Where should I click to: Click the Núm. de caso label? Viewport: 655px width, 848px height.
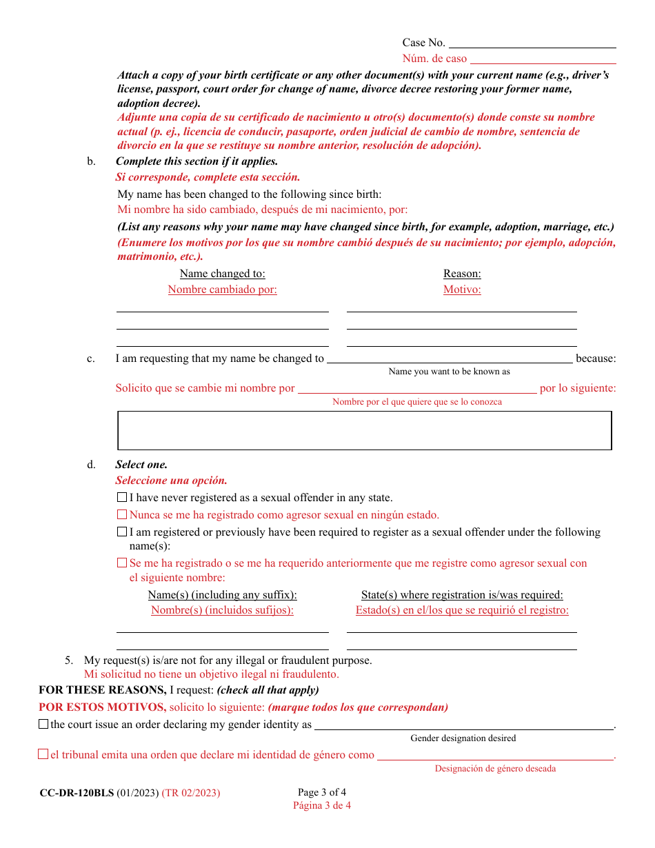coord(434,59)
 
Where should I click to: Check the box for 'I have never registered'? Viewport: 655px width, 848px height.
coord(122,498)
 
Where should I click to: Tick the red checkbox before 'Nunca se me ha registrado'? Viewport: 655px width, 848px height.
coord(122,515)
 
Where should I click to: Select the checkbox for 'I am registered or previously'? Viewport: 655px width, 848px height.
coord(122,532)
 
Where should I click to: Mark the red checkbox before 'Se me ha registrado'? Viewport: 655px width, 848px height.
coord(122,563)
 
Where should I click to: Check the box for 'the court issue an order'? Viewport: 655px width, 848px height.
coord(43,725)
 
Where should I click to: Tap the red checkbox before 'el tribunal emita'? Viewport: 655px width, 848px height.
coord(43,755)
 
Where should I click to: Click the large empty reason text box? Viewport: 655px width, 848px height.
coord(365,431)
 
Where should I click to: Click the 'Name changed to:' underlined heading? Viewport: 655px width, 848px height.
coord(222,274)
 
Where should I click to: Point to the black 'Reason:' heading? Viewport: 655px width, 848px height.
coord(462,274)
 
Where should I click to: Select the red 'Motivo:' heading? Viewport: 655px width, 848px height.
coord(462,290)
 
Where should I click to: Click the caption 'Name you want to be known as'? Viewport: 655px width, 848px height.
coord(449,372)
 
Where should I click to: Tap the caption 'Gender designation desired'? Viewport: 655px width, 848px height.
coord(463,738)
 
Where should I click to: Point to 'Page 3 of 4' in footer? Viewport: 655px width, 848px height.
coord(322,792)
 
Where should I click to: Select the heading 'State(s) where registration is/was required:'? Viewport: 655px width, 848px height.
coord(462,595)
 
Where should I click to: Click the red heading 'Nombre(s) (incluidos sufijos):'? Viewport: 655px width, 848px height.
coord(222,610)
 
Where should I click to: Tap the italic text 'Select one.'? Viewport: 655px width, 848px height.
coord(141,465)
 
